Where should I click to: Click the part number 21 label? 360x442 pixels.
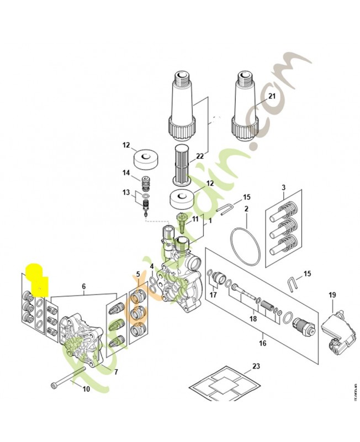[x=272, y=96]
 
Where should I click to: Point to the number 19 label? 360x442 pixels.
[x=332, y=294]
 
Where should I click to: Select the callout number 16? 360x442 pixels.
[x=262, y=343]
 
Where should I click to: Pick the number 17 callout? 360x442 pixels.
[x=213, y=294]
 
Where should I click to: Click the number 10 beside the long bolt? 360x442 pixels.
[x=86, y=389]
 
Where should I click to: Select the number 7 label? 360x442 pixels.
[x=116, y=371]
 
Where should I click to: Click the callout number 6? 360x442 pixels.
[x=84, y=286]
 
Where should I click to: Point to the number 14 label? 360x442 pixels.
[x=126, y=173]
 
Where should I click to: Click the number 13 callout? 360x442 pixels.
[x=126, y=193]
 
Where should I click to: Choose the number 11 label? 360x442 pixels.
[x=194, y=219]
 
